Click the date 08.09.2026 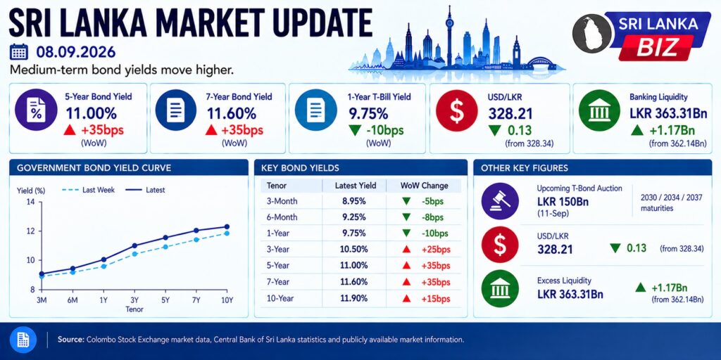click(76, 52)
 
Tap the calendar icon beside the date click(19, 52)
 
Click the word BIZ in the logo click(656, 46)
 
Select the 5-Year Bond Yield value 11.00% click(91, 113)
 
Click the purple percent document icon click(36, 110)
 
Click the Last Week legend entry click(89, 190)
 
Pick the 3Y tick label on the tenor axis click(135, 300)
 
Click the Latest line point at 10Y click(227, 226)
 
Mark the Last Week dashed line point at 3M click(42, 276)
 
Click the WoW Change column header click(424, 186)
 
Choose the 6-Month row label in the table click(282, 217)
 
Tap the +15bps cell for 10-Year click(435, 298)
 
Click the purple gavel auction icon click(500, 200)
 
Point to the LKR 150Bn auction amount click(563, 202)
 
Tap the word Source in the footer click(70, 340)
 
